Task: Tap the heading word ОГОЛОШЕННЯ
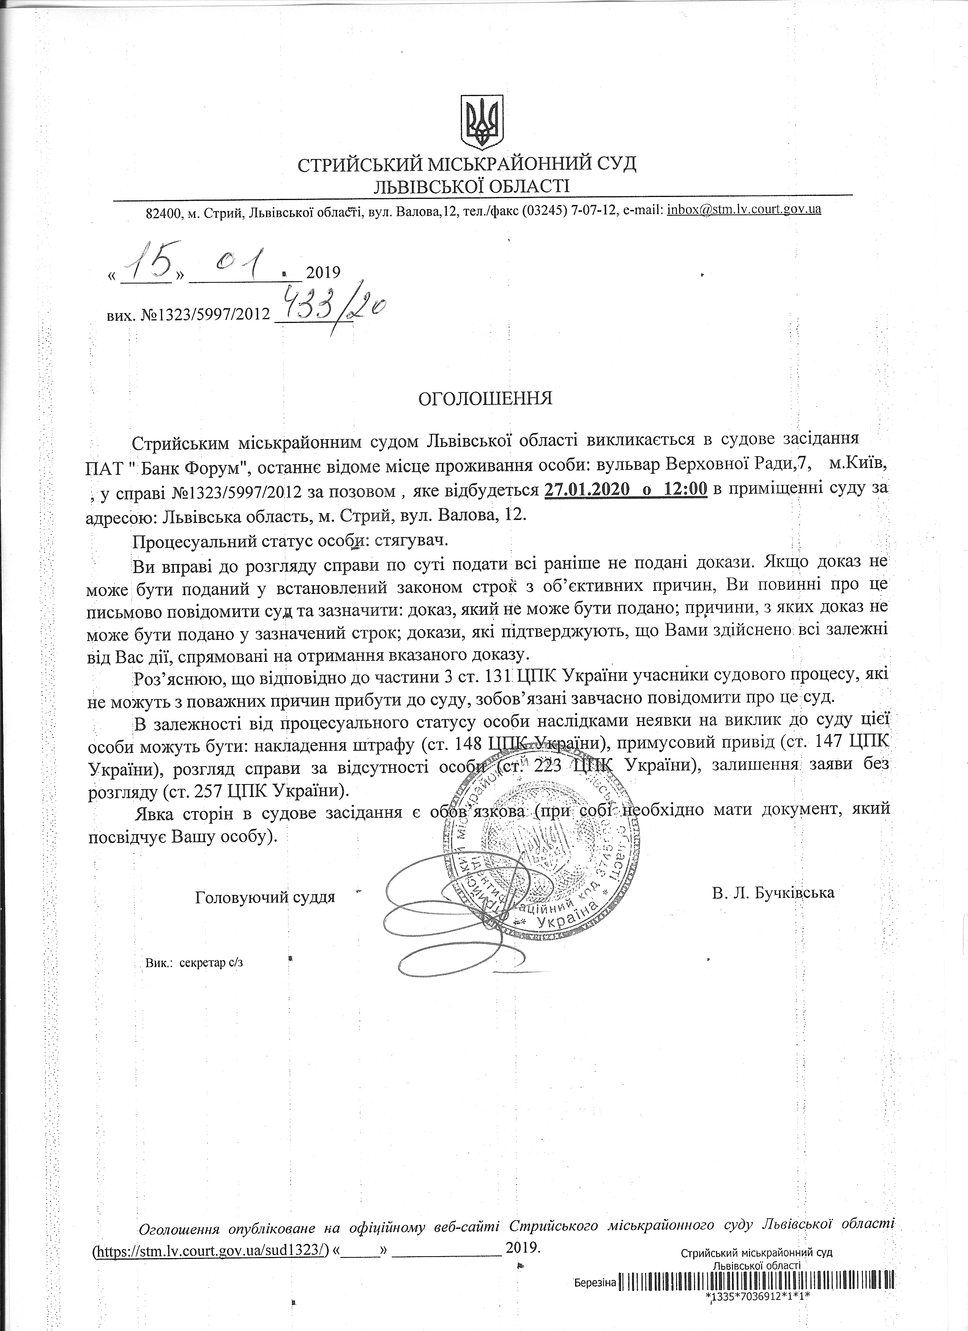click(485, 399)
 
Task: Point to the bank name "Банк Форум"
click(183, 465)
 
